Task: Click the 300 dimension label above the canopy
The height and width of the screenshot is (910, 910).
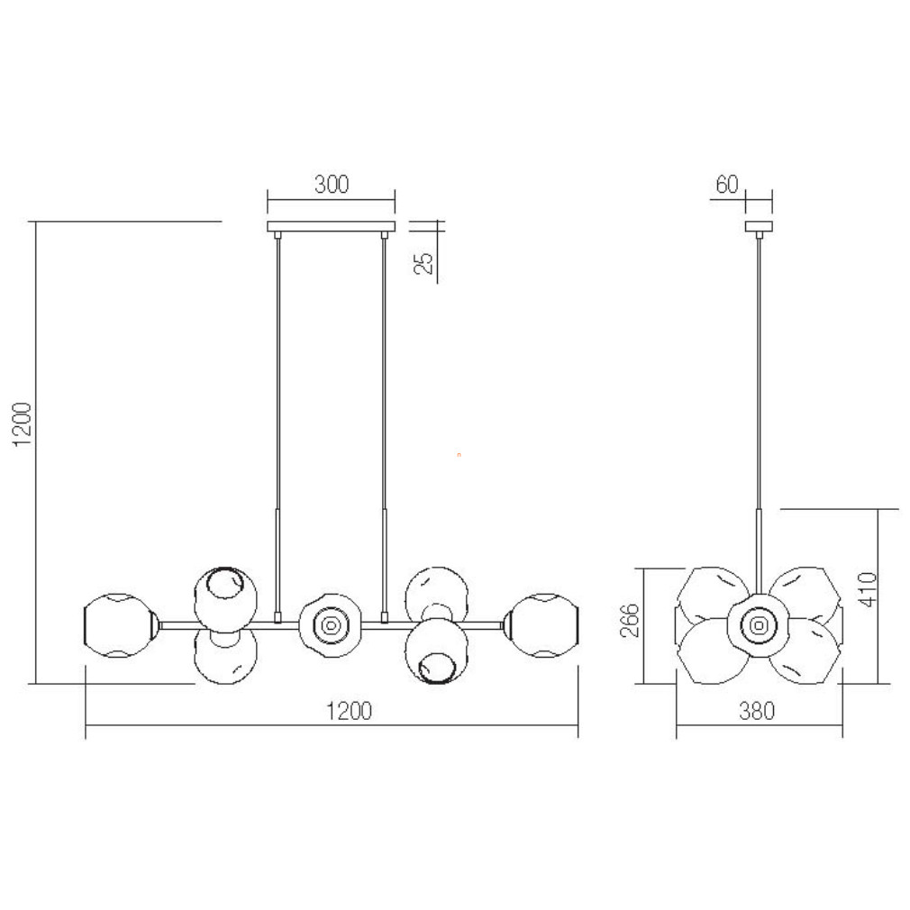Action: (x=332, y=184)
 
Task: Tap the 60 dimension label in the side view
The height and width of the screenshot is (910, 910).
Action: (x=726, y=184)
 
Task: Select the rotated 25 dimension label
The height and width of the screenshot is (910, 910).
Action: (x=425, y=263)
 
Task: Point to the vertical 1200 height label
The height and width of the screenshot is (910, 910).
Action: (x=23, y=424)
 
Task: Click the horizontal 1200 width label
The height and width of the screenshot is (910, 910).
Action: (x=349, y=711)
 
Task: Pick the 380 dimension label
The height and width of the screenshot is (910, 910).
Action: (x=757, y=711)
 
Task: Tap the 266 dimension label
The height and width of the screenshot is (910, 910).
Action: (x=631, y=621)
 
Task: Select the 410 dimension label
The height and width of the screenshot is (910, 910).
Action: (x=869, y=589)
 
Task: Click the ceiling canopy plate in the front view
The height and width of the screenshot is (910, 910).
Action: (x=331, y=226)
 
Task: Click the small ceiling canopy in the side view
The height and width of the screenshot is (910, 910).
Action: (x=760, y=226)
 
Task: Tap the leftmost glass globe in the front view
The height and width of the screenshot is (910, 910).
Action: (x=120, y=625)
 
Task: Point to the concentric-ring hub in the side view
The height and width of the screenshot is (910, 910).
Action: (x=759, y=625)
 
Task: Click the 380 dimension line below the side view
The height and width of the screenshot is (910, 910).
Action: (x=760, y=725)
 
